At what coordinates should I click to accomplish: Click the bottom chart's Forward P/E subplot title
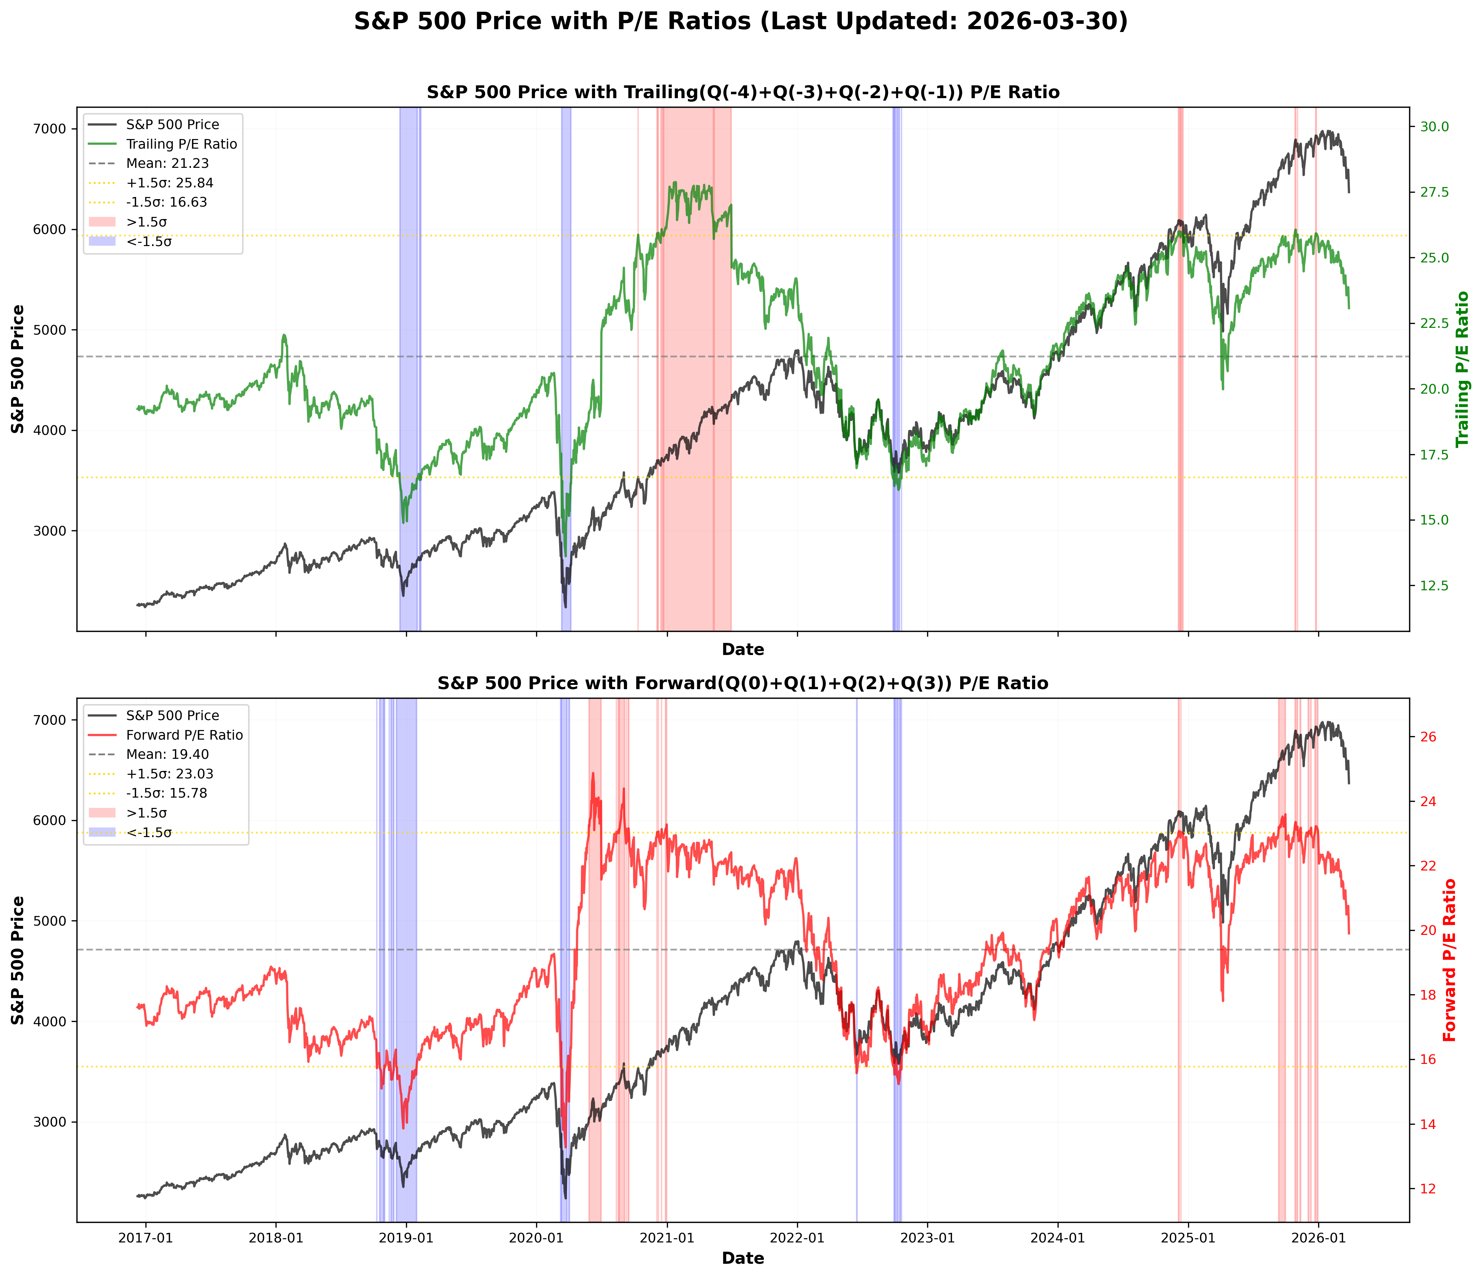click(x=743, y=683)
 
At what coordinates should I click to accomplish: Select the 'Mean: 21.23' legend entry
click(x=167, y=163)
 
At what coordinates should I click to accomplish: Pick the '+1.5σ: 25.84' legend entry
click(x=170, y=182)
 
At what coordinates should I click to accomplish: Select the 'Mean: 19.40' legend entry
click(x=167, y=754)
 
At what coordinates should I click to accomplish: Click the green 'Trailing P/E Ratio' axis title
click(x=1464, y=368)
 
